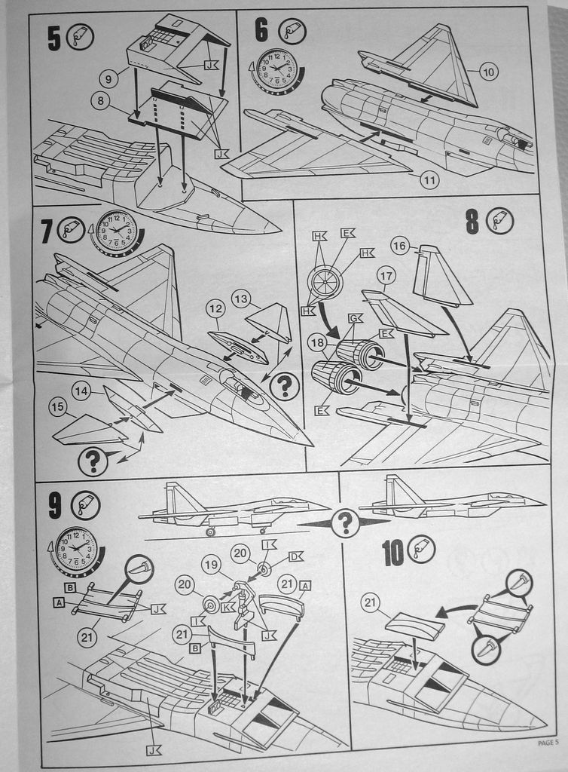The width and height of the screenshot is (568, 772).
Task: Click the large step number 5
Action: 53,38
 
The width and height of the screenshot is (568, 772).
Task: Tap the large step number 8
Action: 472,222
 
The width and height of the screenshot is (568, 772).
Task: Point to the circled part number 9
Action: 108,76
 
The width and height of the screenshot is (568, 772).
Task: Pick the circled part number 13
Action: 240,298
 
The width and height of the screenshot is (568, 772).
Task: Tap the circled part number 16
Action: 399,246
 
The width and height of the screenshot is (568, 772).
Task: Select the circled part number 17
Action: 386,275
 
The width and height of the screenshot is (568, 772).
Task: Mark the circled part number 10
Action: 488,72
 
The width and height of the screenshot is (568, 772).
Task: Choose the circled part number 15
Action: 57,407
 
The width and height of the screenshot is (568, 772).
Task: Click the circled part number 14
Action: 81,391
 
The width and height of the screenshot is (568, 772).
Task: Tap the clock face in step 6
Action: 276,69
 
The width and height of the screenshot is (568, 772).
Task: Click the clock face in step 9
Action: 76,549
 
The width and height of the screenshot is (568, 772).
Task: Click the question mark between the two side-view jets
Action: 345,522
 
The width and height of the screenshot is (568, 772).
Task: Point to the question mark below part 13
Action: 284,387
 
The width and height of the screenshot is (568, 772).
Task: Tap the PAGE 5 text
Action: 548,742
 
